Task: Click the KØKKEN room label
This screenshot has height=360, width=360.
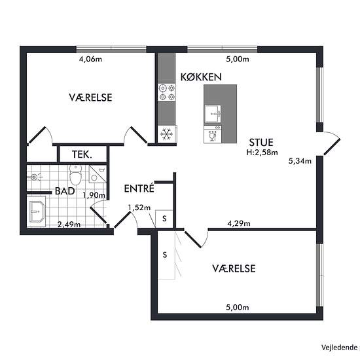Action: pyautogui.click(x=201, y=77)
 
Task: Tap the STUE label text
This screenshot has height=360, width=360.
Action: pyautogui.click(x=261, y=142)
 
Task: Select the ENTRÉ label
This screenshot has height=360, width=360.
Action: pyautogui.click(x=139, y=189)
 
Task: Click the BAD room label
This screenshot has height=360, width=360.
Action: pyautogui.click(x=65, y=191)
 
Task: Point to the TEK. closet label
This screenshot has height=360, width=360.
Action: pyautogui.click(x=82, y=154)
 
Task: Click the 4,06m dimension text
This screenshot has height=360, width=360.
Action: pyautogui.click(x=90, y=59)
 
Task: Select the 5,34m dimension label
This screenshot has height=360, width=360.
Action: pyautogui.click(x=300, y=161)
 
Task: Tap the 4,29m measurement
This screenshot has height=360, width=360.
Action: pyautogui.click(x=239, y=223)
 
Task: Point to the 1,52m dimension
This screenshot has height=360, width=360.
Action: pyautogui.click(x=139, y=207)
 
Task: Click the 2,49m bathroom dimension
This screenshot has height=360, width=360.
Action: pyautogui.click(x=69, y=225)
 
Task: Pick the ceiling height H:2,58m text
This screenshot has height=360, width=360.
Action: pyautogui.click(x=262, y=153)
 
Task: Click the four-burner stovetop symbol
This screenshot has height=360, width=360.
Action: pyautogui.click(x=167, y=92)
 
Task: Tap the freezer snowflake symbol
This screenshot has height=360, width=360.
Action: pyautogui.click(x=167, y=134)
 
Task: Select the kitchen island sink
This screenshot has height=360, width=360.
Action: pyautogui.click(x=213, y=115)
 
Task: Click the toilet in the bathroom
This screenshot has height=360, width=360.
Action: pyautogui.click(x=75, y=175)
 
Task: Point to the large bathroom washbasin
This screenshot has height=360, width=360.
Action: pyautogui.click(x=37, y=211)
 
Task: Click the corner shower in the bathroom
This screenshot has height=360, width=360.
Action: pyautogui.click(x=98, y=174)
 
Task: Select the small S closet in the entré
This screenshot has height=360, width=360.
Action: pyautogui.click(x=164, y=219)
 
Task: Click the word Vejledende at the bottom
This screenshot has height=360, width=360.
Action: pyautogui.click(x=339, y=348)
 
